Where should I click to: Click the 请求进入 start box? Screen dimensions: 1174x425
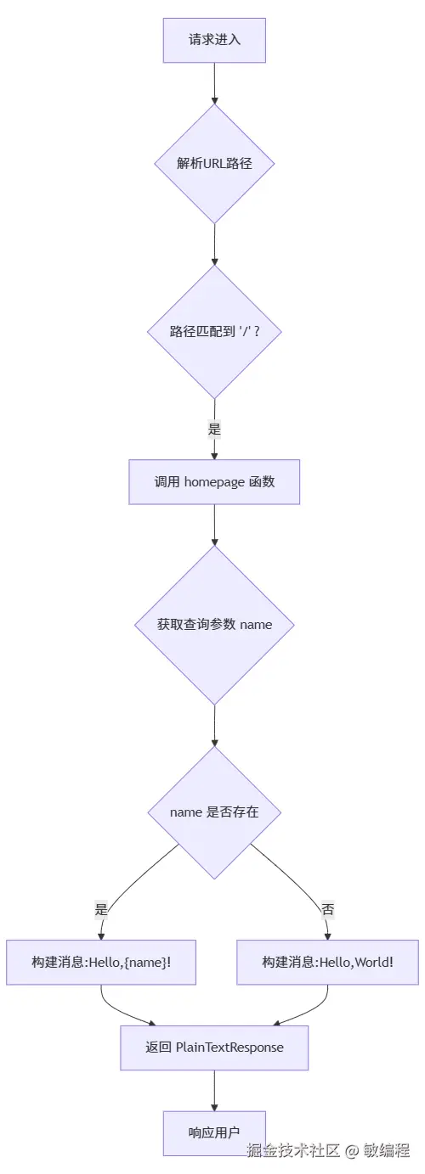point(214,40)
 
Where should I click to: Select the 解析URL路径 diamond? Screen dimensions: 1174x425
point(214,164)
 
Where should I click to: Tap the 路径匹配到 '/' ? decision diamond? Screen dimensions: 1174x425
point(214,331)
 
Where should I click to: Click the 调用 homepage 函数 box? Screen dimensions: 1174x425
point(214,482)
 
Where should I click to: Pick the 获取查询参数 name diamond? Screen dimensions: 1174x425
point(214,625)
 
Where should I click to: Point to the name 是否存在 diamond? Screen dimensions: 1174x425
point(214,812)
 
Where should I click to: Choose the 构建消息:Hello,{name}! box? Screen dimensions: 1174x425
point(101,962)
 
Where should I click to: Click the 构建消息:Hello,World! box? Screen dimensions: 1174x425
point(327,962)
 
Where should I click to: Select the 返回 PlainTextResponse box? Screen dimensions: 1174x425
point(214,1048)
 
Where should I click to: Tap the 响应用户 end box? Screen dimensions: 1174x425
point(214,1133)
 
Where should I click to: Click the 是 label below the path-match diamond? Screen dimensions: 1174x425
point(214,429)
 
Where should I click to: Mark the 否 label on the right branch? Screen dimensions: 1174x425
point(327,909)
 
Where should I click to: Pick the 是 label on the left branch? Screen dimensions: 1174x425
point(101,909)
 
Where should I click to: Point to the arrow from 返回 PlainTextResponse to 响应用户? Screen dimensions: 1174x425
point(214,1090)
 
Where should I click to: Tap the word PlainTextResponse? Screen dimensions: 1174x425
point(229,1048)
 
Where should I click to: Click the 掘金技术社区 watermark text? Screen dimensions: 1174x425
point(293,1151)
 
